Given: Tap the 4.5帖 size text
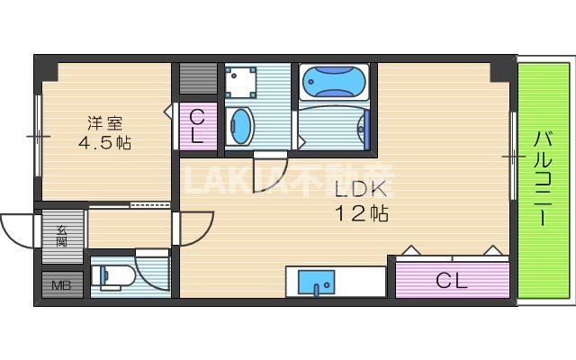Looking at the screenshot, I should click(x=99, y=143).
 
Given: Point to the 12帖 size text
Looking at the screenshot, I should click(x=361, y=214).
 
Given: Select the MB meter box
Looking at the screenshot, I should click(x=61, y=286).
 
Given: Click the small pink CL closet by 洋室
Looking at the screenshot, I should click(x=197, y=126).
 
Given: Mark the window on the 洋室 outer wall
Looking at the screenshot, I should click(x=37, y=135).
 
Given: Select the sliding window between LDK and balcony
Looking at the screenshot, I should click(x=513, y=157).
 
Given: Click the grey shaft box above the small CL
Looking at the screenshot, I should click(x=194, y=80).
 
